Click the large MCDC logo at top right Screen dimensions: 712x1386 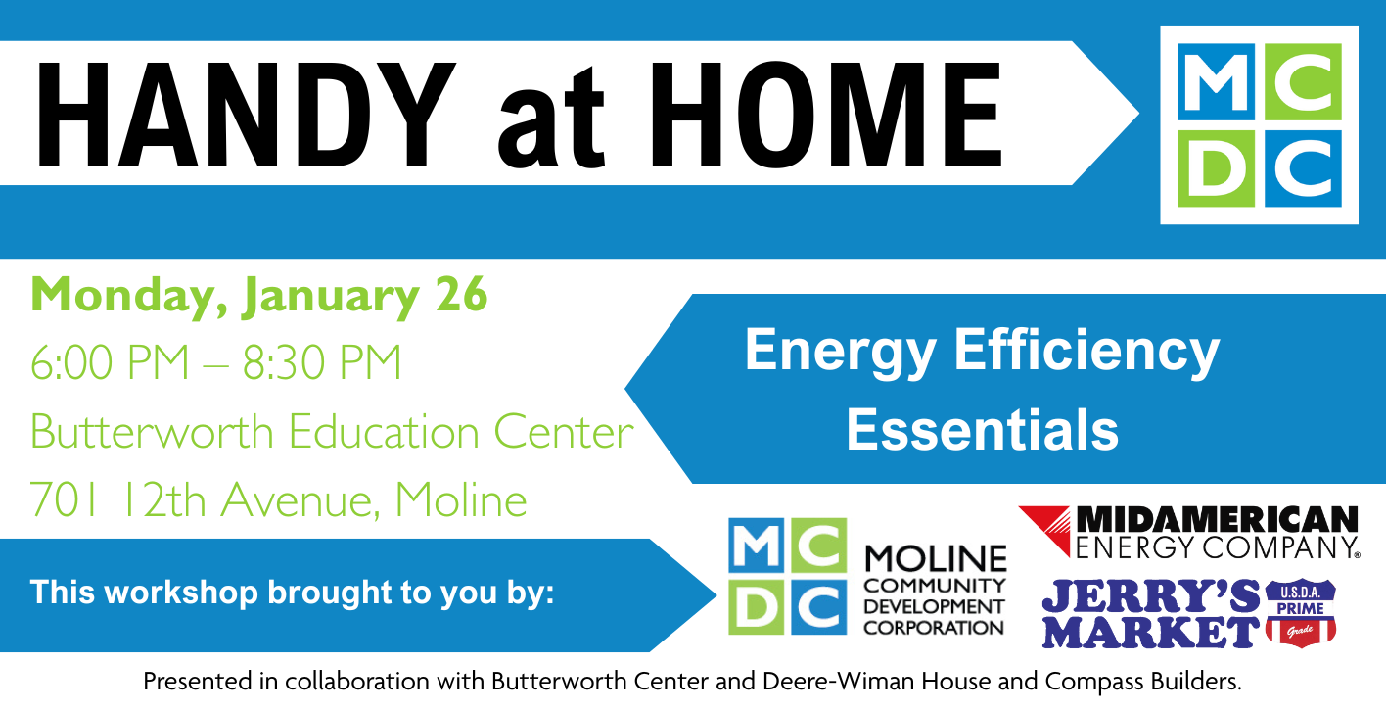pyautogui.click(x=1259, y=125)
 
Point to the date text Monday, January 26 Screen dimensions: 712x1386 pyautogui.click(x=259, y=295)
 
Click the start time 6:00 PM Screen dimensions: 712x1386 pyautogui.click(x=111, y=363)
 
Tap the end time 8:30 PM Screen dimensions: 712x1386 pyautogui.click(x=322, y=363)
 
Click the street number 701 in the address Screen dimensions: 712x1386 pyautogui.click(x=66, y=500)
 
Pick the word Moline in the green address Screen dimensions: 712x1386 pyautogui.click(x=461, y=500)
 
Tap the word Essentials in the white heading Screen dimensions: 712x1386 pyautogui.click(x=982, y=429)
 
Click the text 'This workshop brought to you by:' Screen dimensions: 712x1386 pyautogui.click(x=292, y=593)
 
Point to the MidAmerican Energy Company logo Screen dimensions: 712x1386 pyautogui.click(x=1188, y=532)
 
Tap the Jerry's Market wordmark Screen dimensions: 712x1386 pyautogui.click(x=1149, y=614)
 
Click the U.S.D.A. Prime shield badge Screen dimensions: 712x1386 pyautogui.click(x=1301, y=612)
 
